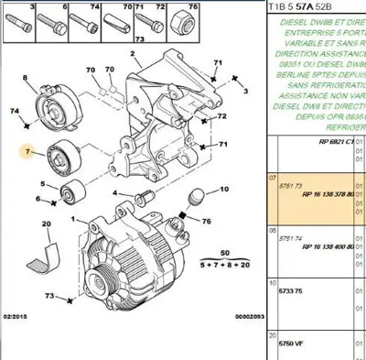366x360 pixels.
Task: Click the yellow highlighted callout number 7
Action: tap(29, 150)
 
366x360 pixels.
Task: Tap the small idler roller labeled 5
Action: tap(70, 195)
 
